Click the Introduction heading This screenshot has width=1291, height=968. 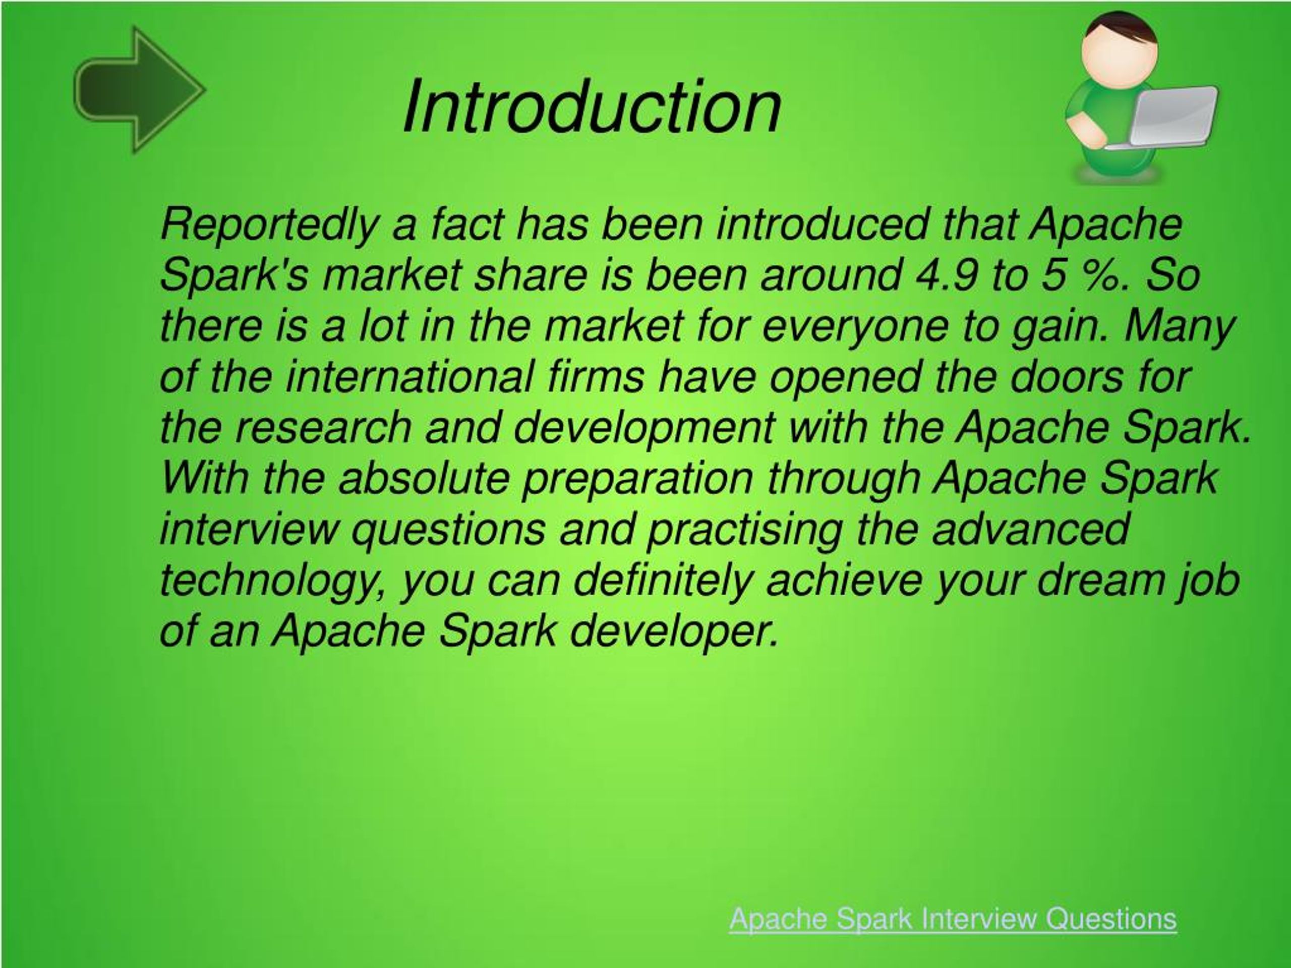[592, 107]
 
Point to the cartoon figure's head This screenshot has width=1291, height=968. [1119, 45]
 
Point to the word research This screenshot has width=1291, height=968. [324, 427]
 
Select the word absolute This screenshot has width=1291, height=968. [424, 478]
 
